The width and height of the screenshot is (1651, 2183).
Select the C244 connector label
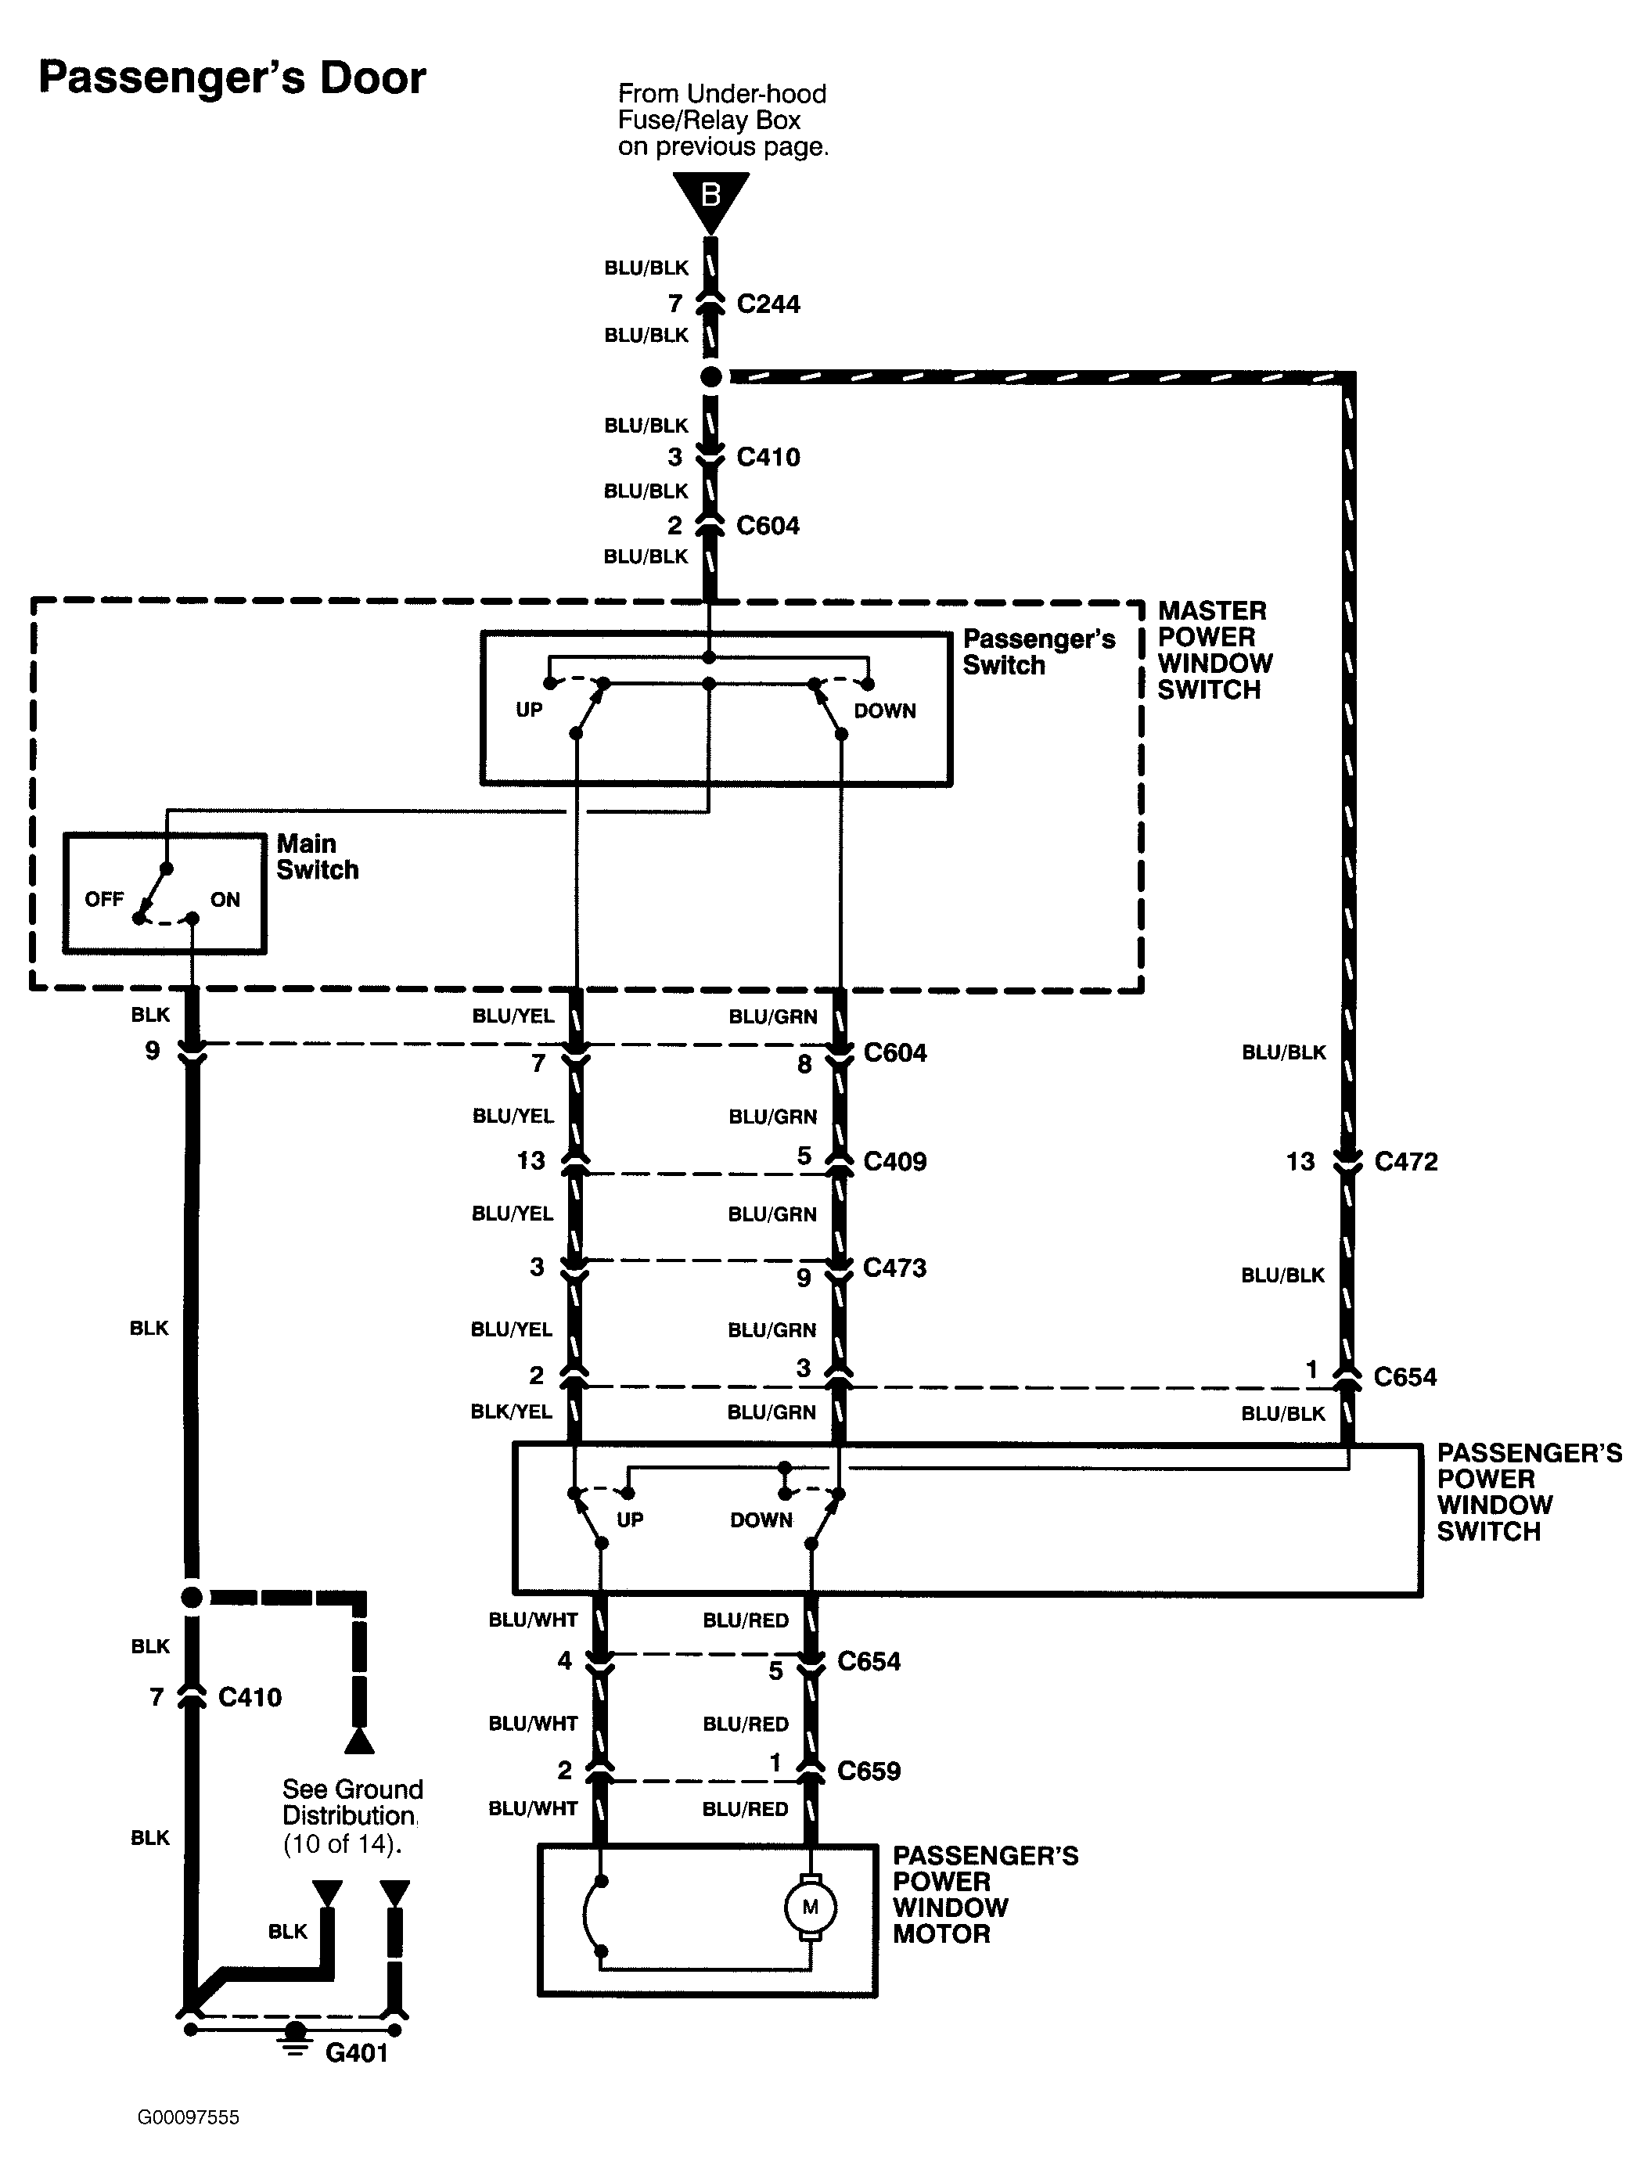768,304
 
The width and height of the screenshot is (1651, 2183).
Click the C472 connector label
1405,1162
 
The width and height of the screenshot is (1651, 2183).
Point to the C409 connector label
895,1162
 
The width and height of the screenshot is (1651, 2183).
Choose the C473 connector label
895,1268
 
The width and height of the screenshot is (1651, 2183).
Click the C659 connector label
869,1771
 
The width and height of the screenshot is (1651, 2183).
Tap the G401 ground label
356,2053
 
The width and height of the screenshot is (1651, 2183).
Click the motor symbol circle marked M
810,1907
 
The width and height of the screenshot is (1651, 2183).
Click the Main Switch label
317,857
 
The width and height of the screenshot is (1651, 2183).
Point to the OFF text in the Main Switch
103,899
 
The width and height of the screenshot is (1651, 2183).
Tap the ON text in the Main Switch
225,899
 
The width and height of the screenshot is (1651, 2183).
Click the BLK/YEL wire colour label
511,1412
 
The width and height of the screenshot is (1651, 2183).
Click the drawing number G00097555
189,2116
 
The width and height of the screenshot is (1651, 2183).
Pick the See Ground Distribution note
352,1817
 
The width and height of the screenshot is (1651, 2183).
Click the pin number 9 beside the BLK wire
152,1050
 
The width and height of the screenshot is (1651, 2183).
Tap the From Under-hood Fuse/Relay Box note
723,120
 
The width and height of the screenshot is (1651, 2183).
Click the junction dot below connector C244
710,376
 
